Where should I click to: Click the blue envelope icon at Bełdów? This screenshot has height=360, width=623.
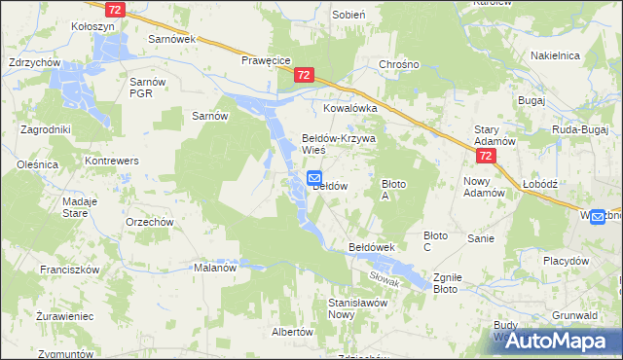315,178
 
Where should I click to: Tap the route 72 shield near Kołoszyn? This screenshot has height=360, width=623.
116,9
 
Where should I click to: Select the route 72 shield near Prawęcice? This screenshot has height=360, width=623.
306,75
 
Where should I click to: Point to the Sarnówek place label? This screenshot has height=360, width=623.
172,40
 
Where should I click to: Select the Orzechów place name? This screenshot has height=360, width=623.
150,221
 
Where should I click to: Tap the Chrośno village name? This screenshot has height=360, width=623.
399,65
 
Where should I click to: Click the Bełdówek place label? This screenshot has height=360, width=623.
371,248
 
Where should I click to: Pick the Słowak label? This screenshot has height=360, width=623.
386,275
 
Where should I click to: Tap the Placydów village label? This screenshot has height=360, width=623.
566,261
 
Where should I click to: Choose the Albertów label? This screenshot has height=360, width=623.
292,332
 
